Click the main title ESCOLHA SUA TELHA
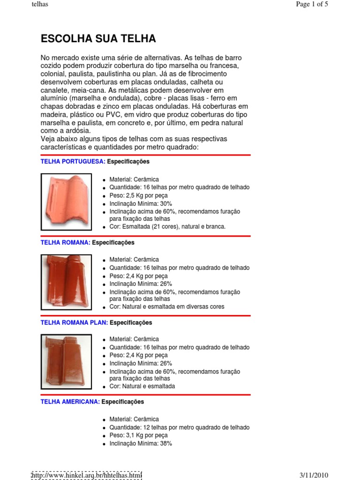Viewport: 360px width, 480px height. (98, 38)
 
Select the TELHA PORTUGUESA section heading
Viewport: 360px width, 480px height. (73, 162)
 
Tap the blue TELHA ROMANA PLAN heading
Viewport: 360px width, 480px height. (74, 323)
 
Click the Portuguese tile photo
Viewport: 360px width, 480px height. (66, 202)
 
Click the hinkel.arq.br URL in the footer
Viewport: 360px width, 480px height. (86, 475)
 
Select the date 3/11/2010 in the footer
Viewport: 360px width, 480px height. (314, 475)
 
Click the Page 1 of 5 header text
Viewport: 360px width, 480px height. (312, 5)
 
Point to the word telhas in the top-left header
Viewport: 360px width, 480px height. (40, 5)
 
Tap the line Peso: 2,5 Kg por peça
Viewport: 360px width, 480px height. (138, 196)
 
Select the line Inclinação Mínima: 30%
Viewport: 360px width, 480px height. (141, 204)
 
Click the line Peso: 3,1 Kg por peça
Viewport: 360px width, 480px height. (138, 435)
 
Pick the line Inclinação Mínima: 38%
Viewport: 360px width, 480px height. (141, 443)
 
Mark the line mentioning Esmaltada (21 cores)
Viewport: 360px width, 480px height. (167, 226)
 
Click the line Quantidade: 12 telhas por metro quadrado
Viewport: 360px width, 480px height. (179, 427)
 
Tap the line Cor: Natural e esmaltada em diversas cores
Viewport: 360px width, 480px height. (167, 307)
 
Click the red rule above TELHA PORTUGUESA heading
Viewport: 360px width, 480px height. (146, 155)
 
